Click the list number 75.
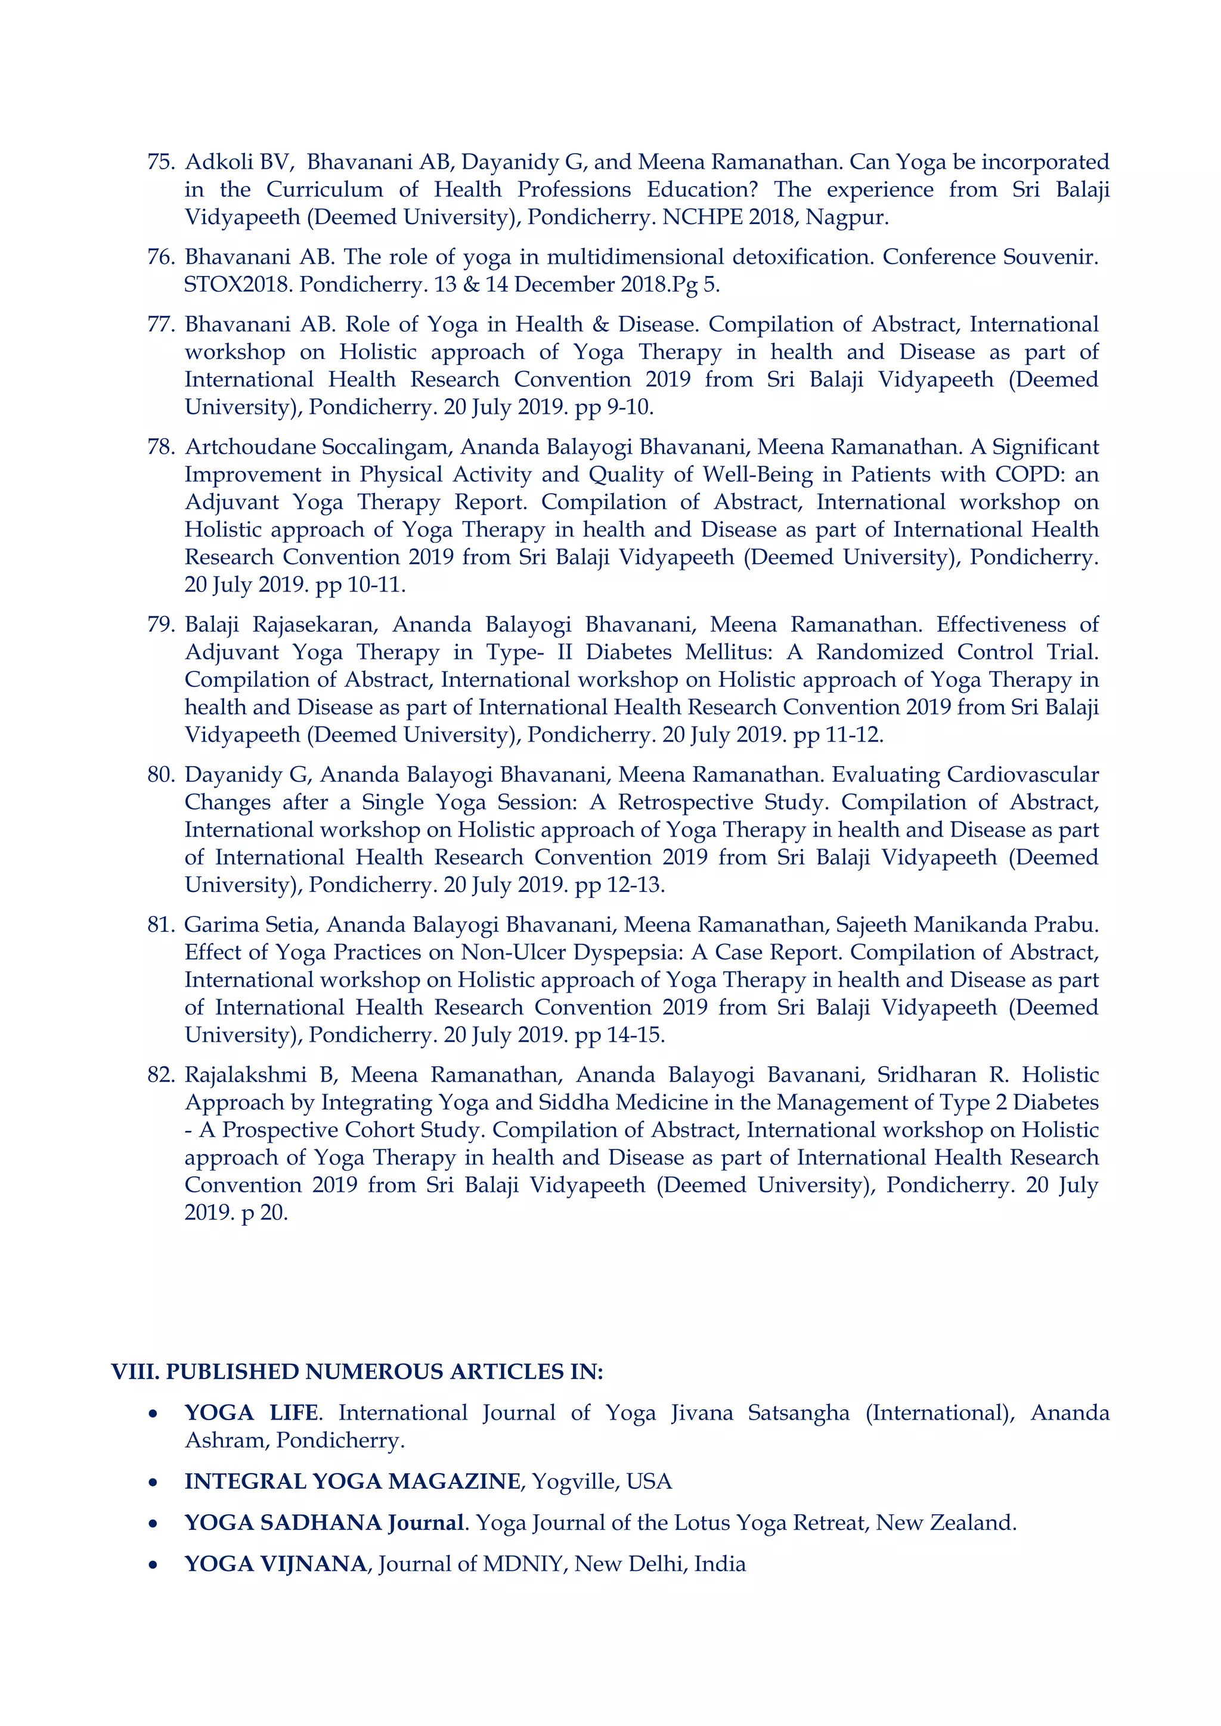click(x=160, y=162)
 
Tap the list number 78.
click(x=160, y=447)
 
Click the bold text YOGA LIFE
click(x=252, y=1413)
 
